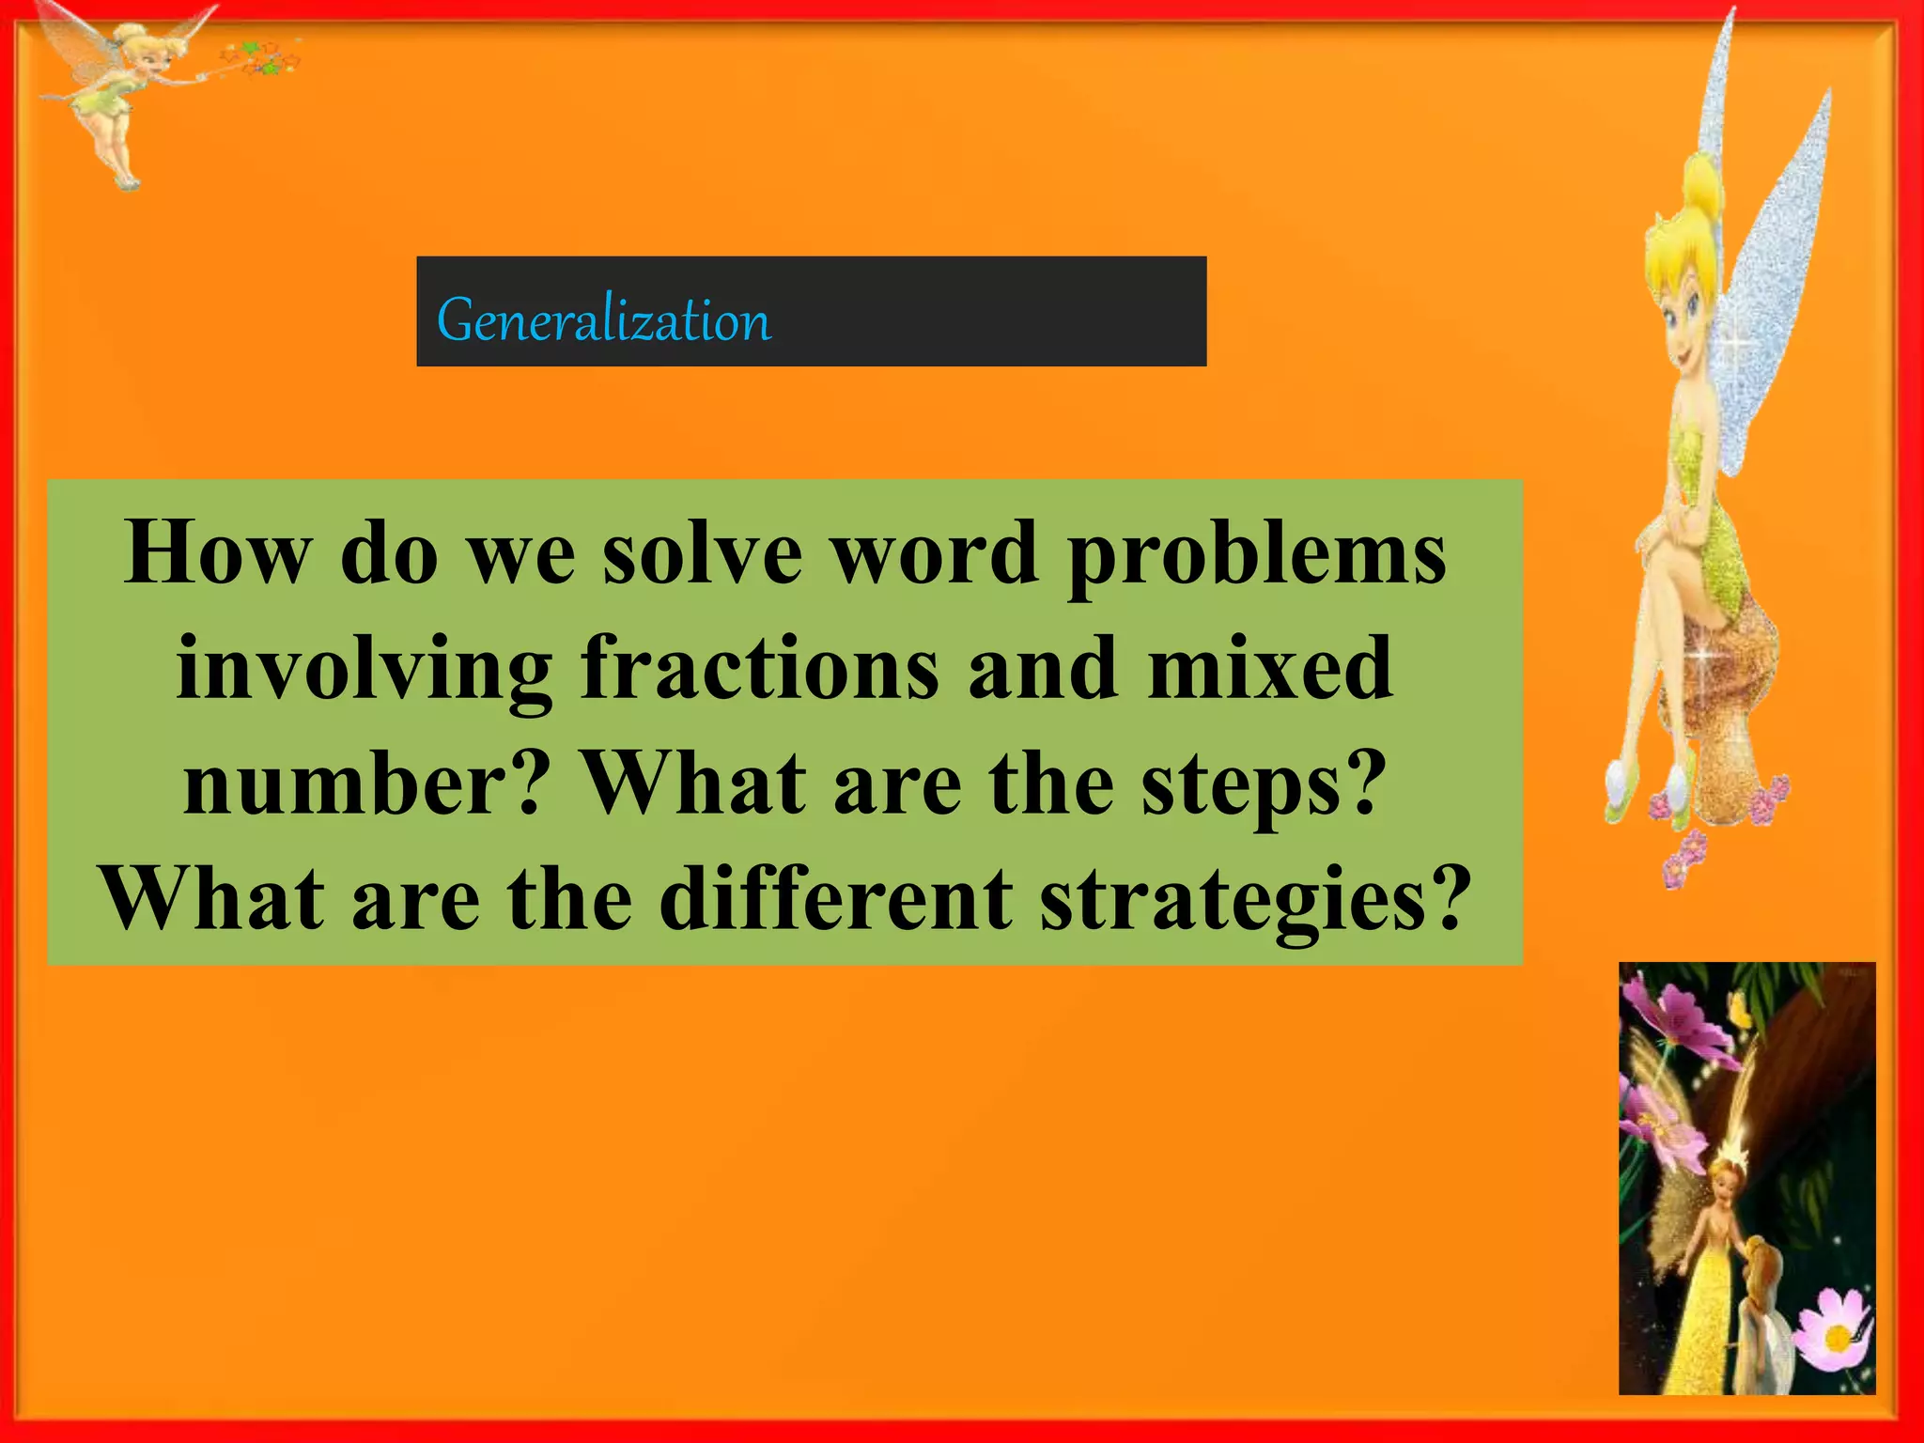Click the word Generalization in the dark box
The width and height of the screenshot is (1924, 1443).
(603, 320)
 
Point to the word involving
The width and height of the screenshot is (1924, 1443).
(364, 670)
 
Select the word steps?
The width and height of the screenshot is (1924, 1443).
(1264, 785)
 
